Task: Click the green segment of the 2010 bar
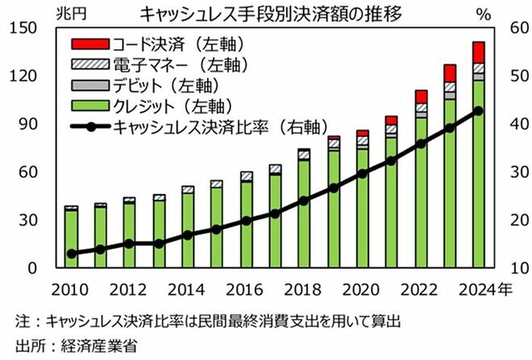(x=72, y=238)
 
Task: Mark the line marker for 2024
(x=478, y=110)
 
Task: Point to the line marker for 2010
(x=72, y=254)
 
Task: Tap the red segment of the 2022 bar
(x=421, y=97)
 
